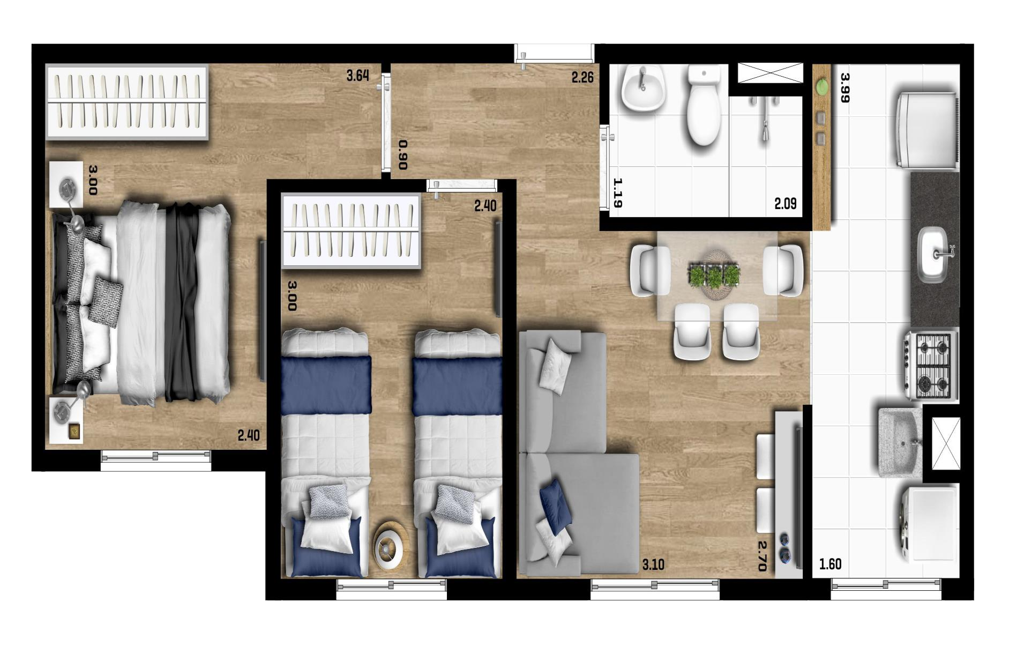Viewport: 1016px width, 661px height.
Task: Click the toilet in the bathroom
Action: [703, 107]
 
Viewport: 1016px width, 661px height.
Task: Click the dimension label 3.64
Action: [357, 76]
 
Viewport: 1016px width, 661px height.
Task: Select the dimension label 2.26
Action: [582, 78]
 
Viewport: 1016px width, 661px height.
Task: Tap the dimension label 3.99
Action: [845, 87]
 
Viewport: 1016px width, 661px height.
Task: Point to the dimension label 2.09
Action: [785, 204]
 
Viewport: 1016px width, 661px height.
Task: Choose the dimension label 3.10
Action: [653, 565]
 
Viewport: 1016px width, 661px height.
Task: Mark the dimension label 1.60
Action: [830, 565]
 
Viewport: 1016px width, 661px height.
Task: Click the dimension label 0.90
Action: [404, 155]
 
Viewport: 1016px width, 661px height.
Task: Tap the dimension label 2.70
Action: [762, 556]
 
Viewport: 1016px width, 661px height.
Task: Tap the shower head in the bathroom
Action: [765, 131]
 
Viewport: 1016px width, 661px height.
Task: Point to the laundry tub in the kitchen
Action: [900, 442]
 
